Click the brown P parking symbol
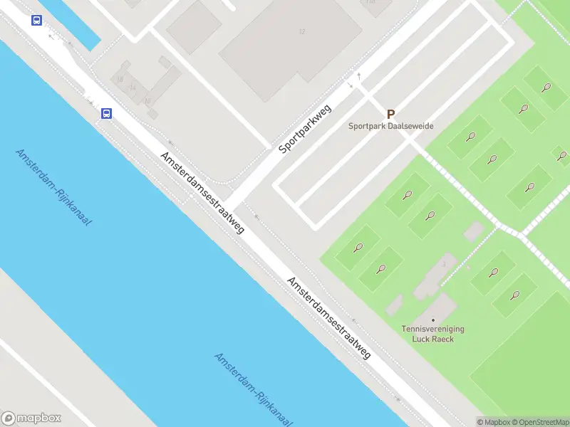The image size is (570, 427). coord(390,114)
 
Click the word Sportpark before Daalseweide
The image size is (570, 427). coord(365,127)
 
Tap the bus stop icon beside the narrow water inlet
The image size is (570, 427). coord(36,21)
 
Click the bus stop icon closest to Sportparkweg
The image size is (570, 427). coord(106,113)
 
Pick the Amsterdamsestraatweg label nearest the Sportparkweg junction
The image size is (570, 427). coord(202,192)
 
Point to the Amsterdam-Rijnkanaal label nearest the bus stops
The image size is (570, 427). coord(54,188)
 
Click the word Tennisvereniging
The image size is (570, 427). coord(433,330)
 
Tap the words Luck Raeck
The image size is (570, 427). coord(433,339)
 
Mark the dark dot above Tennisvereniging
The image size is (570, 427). coord(432,320)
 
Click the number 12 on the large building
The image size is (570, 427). coord(302,31)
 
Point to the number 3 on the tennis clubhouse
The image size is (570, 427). coord(444,264)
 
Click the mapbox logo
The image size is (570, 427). coord(31,418)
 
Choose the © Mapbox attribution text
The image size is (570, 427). coord(492,422)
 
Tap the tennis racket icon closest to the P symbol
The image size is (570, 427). coord(470,137)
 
